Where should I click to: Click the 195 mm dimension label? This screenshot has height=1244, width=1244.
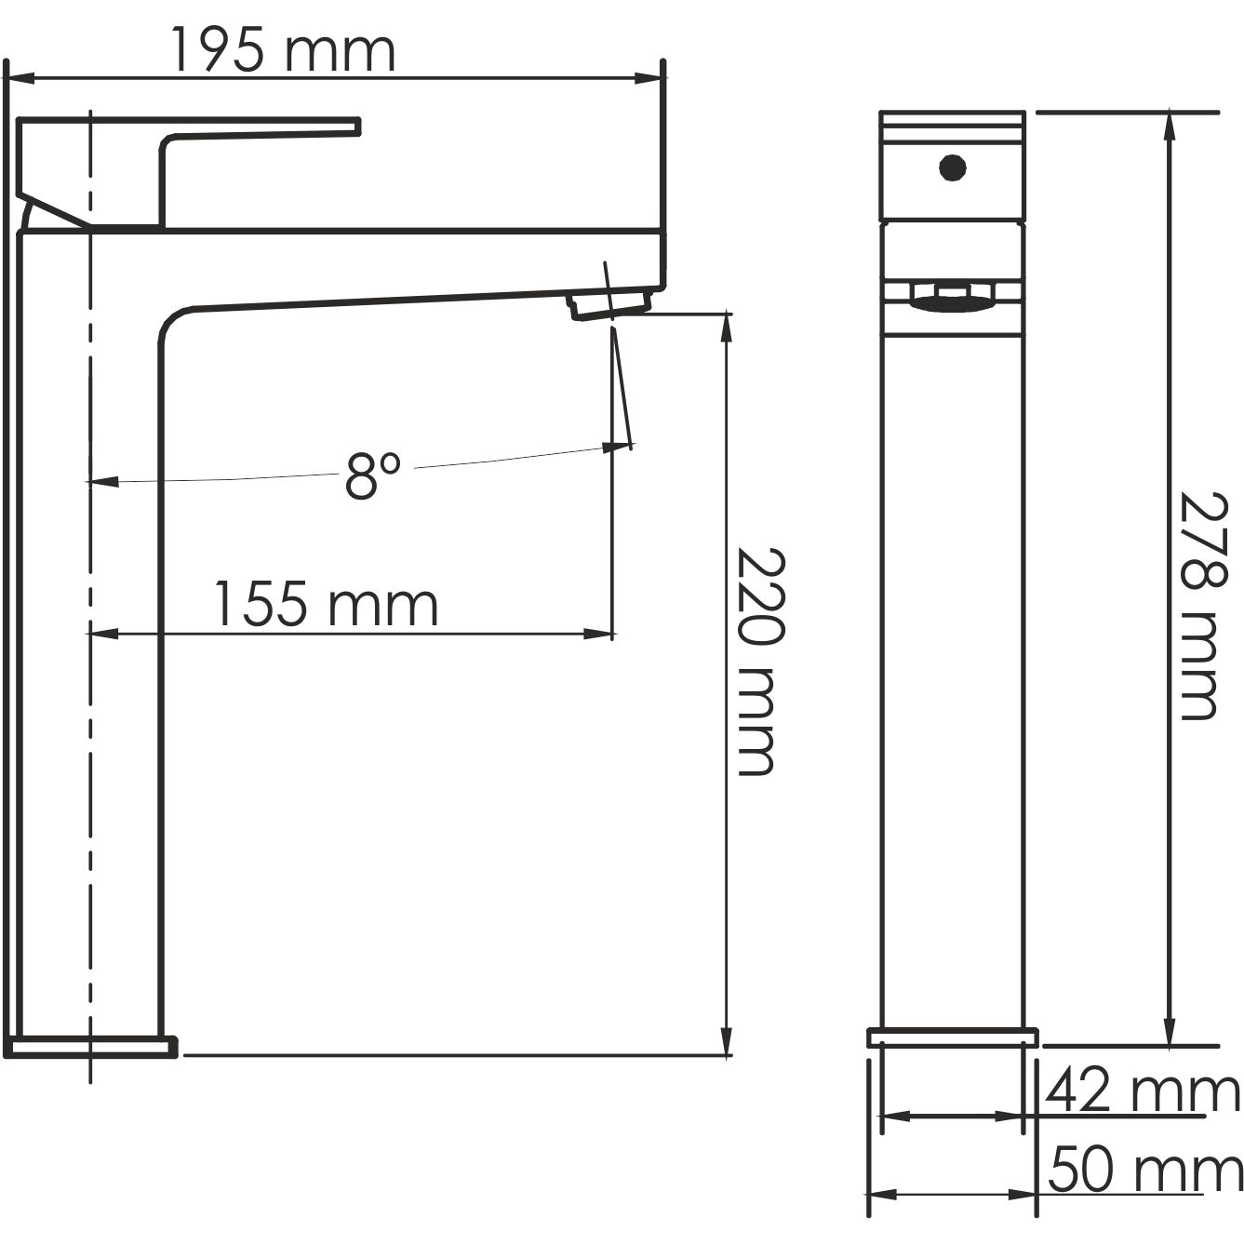click(282, 51)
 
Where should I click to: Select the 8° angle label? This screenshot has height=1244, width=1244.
click(372, 475)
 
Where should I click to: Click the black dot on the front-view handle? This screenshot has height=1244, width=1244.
click(952, 168)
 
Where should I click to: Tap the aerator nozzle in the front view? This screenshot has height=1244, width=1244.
click(951, 299)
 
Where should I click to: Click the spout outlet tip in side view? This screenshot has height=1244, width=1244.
click(609, 305)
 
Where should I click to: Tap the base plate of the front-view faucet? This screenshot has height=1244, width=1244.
click(952, 1037)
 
